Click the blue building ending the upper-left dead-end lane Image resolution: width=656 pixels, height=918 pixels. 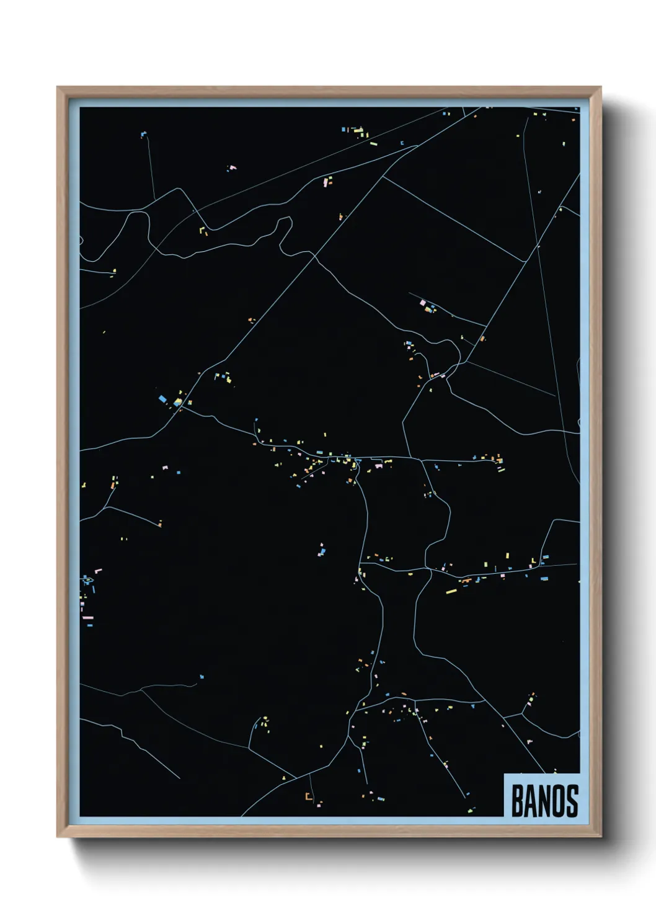coord(143,133)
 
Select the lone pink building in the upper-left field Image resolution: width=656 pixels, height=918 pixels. coord(233,167)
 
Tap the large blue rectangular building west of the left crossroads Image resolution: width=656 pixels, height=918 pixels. coord(164,398)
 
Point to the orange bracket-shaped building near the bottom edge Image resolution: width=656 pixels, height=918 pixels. coord(308,796)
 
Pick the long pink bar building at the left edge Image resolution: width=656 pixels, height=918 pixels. coord(87,617)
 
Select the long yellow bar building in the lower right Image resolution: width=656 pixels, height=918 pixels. coord(451,591)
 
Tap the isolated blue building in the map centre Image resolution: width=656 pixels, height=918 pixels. coord(322,550)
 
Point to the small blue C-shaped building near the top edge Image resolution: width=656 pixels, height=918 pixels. coord(403,143)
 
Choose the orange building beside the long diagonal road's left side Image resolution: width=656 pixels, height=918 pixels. coord(251,320)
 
